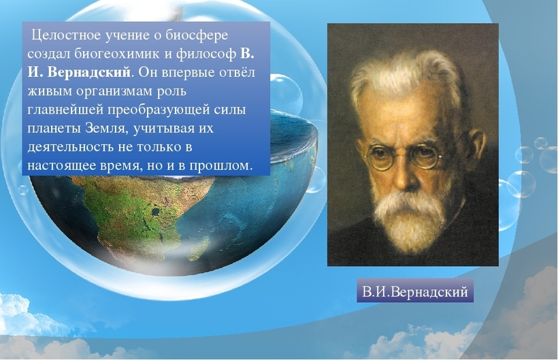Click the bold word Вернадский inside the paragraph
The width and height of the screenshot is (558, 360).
point(89,72)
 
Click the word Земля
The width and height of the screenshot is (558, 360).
point(106,128)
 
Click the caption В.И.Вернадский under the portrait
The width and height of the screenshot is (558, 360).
point(415,291)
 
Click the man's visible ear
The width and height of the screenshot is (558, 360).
point(474,150)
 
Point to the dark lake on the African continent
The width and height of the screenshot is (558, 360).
point(156,212)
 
